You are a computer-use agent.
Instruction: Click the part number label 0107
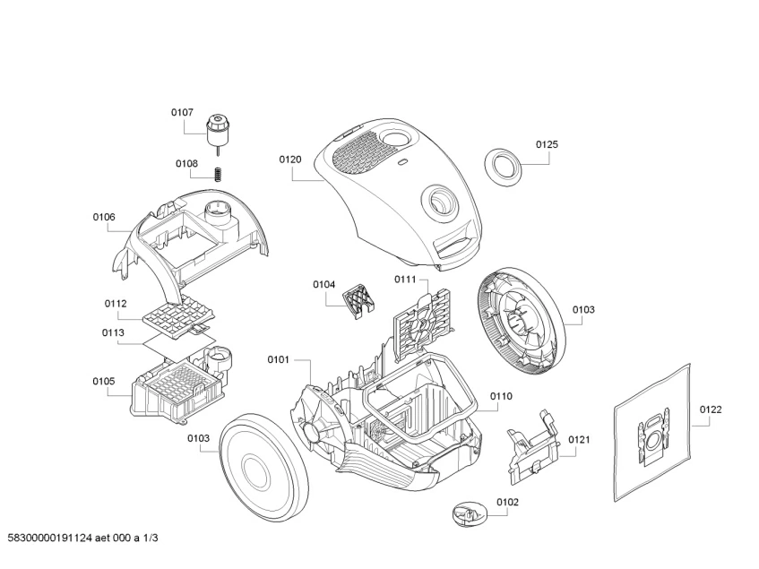click(x=182, y=112)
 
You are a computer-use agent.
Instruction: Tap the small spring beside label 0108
click(x=217, y=173)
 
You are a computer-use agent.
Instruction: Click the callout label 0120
click(x=289, y=159)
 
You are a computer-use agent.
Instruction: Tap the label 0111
click(x=406, y=280)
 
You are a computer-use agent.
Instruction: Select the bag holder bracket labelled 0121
click(x=534, y=440)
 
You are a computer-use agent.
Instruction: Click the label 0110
click(x=501, y=396)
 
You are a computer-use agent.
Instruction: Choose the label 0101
click(x=278, y=359)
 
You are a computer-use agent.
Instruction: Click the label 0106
click(x=104, y=217)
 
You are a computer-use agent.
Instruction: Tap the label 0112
click(x=115, y=303)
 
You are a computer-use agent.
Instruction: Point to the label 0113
click(x=112, y=332)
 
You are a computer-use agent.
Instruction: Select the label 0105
click(x=103, y=382)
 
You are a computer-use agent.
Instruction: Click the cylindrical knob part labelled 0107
click(x=217, y=130)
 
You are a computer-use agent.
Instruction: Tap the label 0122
click(x=710, y=410)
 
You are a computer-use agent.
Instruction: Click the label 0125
click(x=547, y=144)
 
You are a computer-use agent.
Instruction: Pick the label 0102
click(x=507, y=503)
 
